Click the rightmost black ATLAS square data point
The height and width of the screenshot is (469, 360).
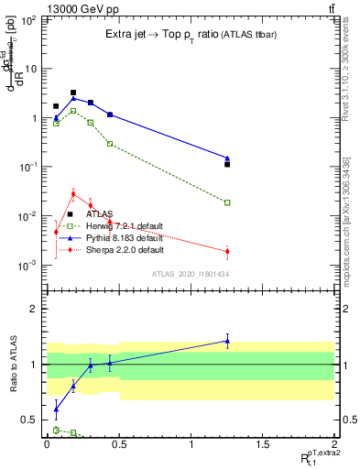pyautogui.click(x=227, y=165)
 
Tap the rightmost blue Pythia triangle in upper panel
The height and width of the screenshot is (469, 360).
pyautogui.click(x=227, y=158)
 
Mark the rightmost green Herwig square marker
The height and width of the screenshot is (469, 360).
pyautogui.click(x=227, y=202)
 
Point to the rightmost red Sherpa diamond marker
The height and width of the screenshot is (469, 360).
pyautogui.click(x=227, y=251)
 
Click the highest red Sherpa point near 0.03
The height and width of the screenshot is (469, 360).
pyautogui.click(x=73, y=193)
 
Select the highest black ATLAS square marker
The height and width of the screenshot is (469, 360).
pyautogui.click(x=73, y=93)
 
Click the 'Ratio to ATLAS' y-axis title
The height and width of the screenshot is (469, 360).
pyautogui.click(x=13, y=364)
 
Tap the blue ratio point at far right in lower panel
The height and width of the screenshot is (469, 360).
pyautogui.click(x=227, y=341)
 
